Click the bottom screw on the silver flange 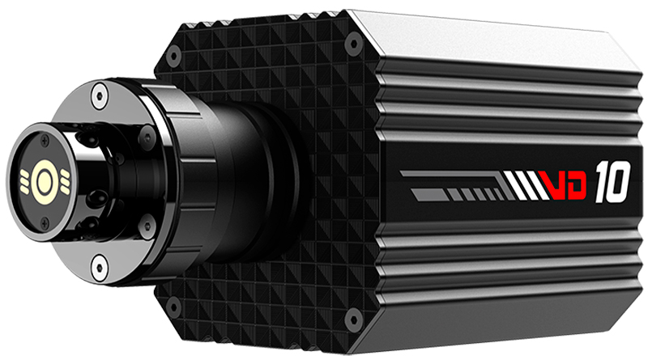pos(98,263)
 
